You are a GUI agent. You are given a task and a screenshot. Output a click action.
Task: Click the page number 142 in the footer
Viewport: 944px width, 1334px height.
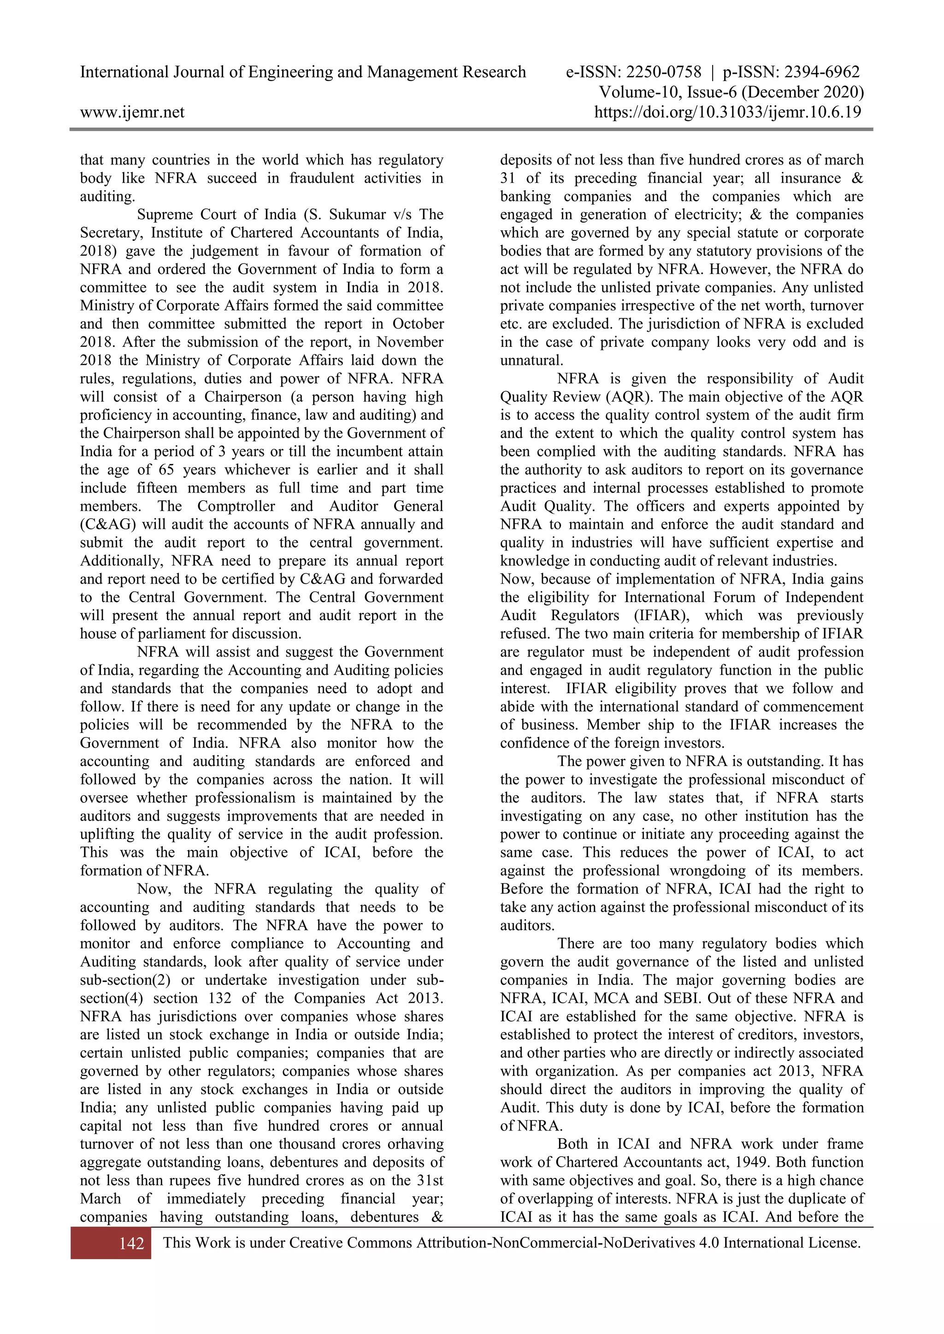[x=131, y=1243]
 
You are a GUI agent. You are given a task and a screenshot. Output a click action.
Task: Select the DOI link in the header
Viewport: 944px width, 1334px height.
[x=727, y=112]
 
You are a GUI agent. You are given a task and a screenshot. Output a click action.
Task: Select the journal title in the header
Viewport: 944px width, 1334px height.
[x=302, y=72]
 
